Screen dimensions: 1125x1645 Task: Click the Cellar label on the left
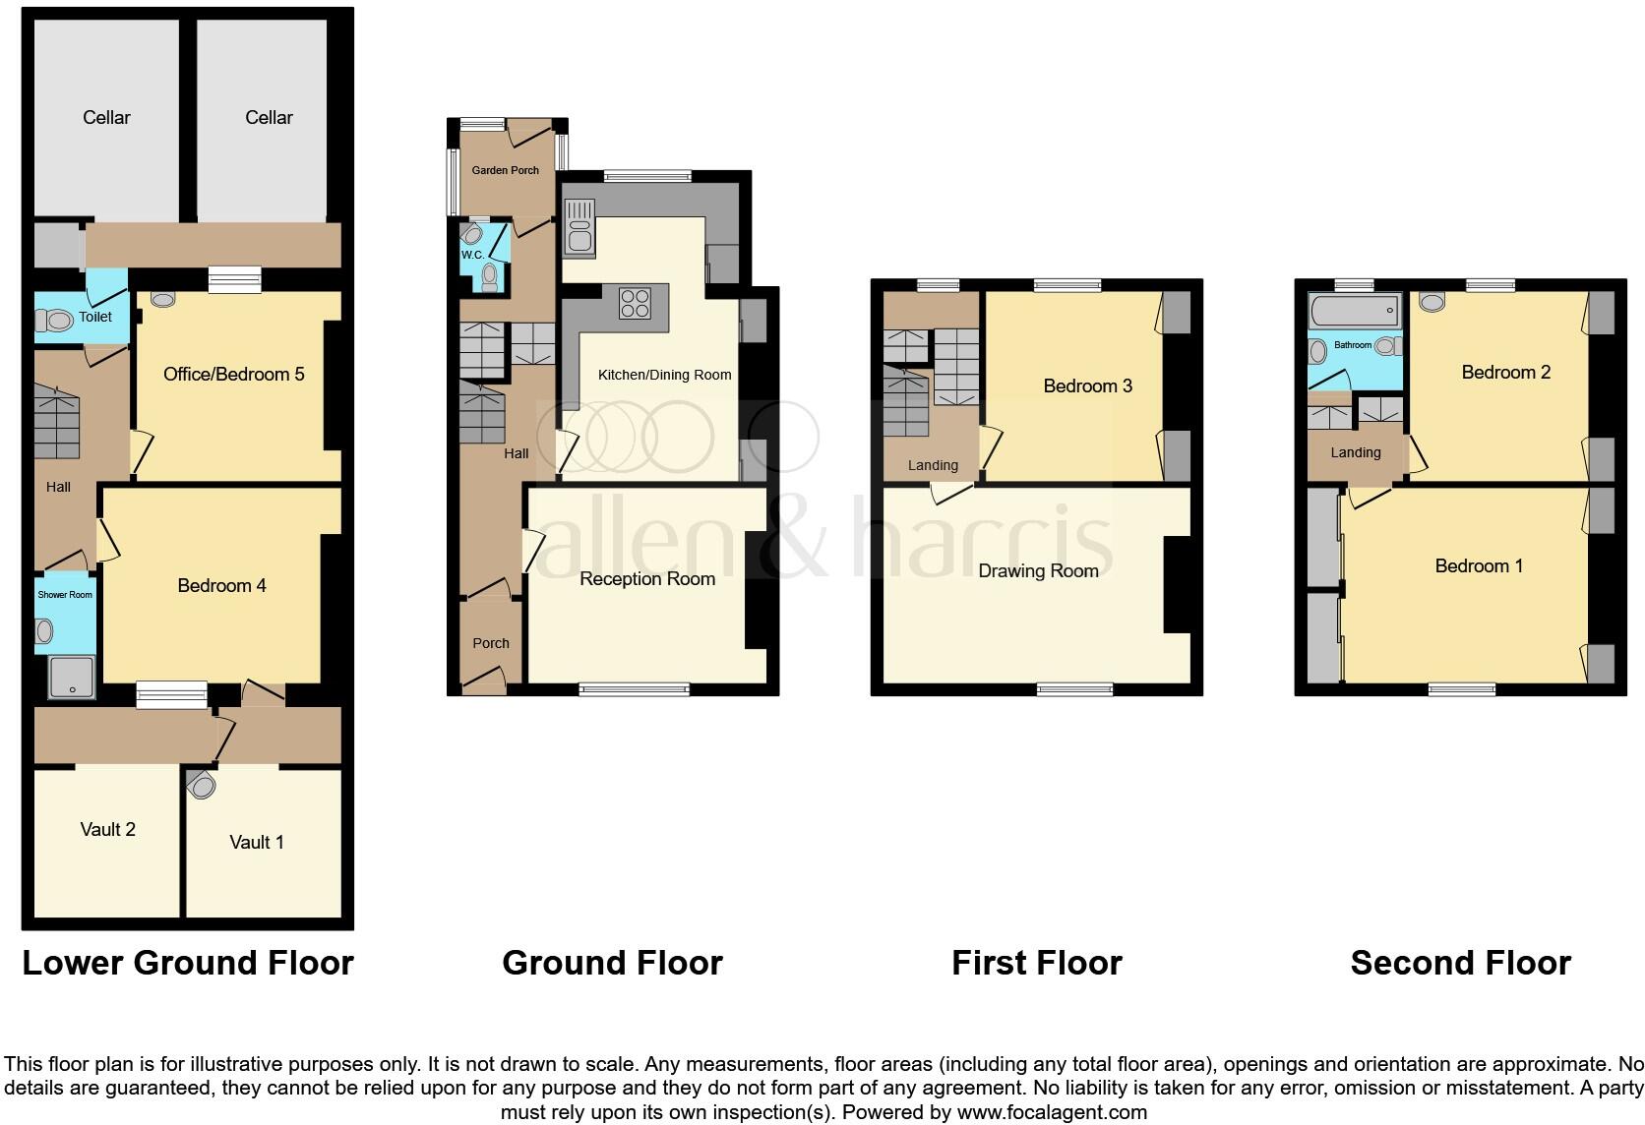(106, 117)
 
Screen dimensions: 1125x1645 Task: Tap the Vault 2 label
(107, 829)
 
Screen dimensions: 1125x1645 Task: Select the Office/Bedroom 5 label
(233, 374)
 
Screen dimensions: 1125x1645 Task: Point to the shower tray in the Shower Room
(72, 678)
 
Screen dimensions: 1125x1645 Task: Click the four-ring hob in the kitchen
(635, 302)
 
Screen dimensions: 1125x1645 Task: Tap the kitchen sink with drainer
(578, 226)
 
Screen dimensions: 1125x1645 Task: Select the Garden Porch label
(505, 170)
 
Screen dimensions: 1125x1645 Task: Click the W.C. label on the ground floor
(472, 255)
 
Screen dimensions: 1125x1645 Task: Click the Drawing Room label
(1038, 570)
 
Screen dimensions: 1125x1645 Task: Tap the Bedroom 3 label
(1087, 385)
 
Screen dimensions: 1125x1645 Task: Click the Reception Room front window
(635, 689)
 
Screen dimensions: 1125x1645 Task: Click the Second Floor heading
(1460, 962)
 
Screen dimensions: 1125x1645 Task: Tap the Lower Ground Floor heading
(187, 962)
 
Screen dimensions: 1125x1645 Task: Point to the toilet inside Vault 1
(202, 785)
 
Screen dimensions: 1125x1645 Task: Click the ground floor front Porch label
(490, 643)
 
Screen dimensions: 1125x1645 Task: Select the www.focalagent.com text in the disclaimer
(1051, 1112)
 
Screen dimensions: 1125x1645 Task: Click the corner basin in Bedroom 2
(1432, 302)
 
